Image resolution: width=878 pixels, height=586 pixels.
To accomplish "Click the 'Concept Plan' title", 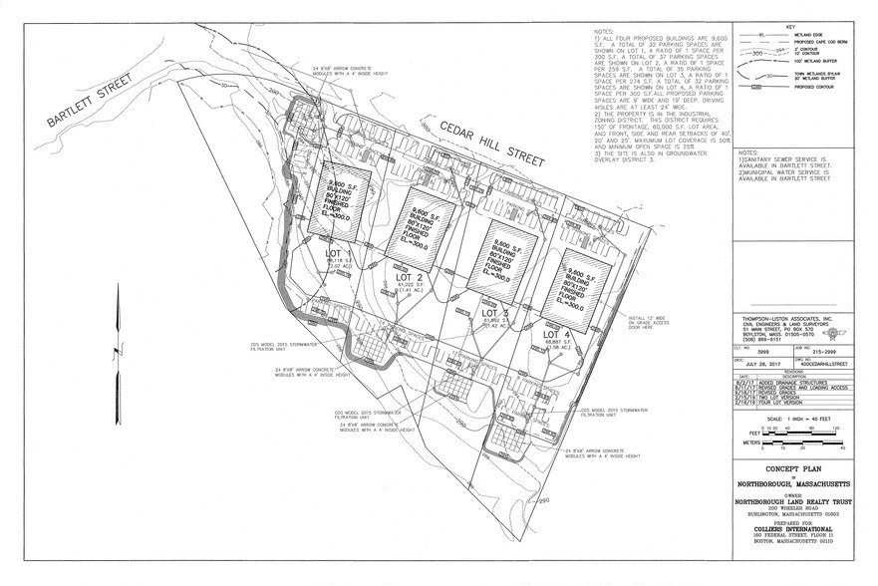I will [x=789, y=465].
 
